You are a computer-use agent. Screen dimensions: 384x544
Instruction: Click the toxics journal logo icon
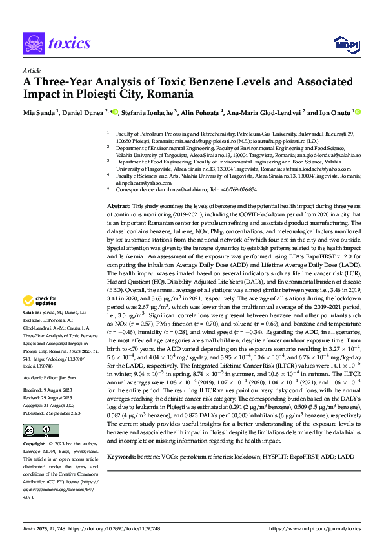34,43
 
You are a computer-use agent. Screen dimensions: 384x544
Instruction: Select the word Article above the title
31,71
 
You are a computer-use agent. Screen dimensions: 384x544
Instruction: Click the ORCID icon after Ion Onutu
358,112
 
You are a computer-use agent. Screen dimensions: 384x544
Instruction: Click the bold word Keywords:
124,439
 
